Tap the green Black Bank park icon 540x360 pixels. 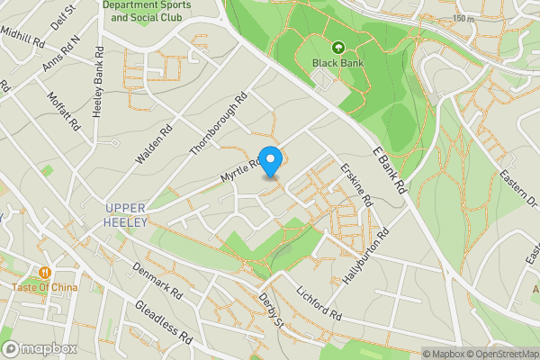[338, 47]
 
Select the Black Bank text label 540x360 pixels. [338, 63]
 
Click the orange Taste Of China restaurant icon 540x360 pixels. [44, 273]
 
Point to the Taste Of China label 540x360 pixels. [45, 288]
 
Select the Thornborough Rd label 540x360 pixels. [218, 123]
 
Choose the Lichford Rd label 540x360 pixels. [319, 305]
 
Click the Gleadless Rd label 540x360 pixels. [163, 322]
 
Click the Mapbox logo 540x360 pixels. [40, 348]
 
